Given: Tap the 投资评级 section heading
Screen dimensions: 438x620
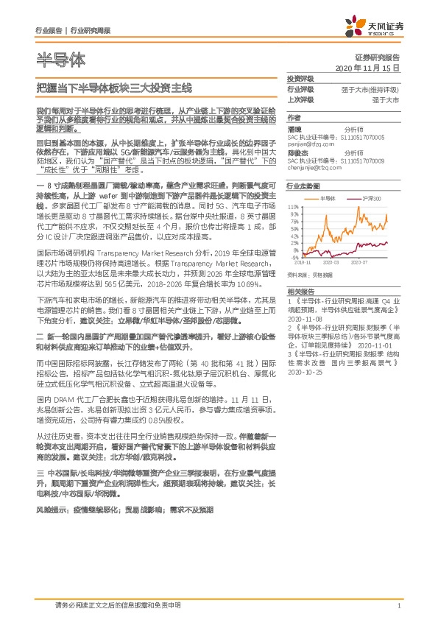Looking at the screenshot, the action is coord(300,77).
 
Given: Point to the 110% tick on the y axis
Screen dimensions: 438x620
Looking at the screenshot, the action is coord(293,208).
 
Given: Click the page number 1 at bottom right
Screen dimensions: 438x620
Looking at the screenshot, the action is coord(398,605).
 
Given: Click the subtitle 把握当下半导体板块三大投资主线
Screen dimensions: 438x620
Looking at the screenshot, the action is coord(113,88).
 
